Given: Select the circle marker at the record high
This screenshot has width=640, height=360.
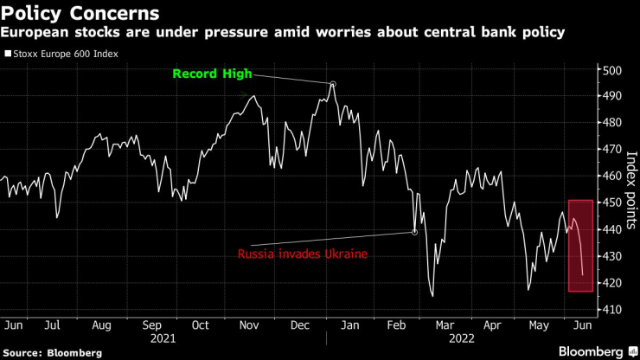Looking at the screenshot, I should tap(333, 85).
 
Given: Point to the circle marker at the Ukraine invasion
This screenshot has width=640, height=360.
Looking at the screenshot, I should tap(414, 232).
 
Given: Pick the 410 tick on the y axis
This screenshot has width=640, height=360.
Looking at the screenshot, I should tap(611, 310).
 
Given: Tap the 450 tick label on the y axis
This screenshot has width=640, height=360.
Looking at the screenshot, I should tap(611, 202).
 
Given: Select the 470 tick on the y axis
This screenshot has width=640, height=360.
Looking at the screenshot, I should tap(611, 149).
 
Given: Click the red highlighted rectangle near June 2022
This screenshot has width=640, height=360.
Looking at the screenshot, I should tap(580, 246).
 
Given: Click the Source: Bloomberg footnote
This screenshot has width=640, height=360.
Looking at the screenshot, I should tap(52, 353).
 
